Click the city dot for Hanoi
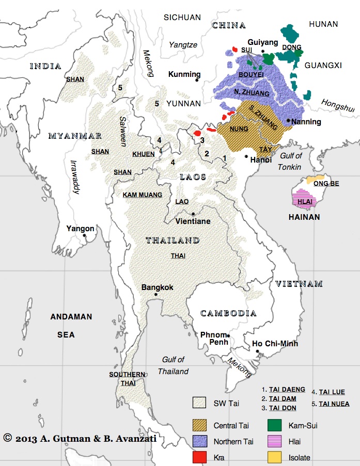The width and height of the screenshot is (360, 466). point(247,155)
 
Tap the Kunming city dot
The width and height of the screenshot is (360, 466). point(197,80)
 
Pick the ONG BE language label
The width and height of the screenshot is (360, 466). point(325,184)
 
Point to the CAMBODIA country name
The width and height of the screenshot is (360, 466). point(228,313)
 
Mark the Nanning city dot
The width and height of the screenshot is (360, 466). point(288,120)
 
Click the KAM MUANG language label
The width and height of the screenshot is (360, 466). point(142,195)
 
